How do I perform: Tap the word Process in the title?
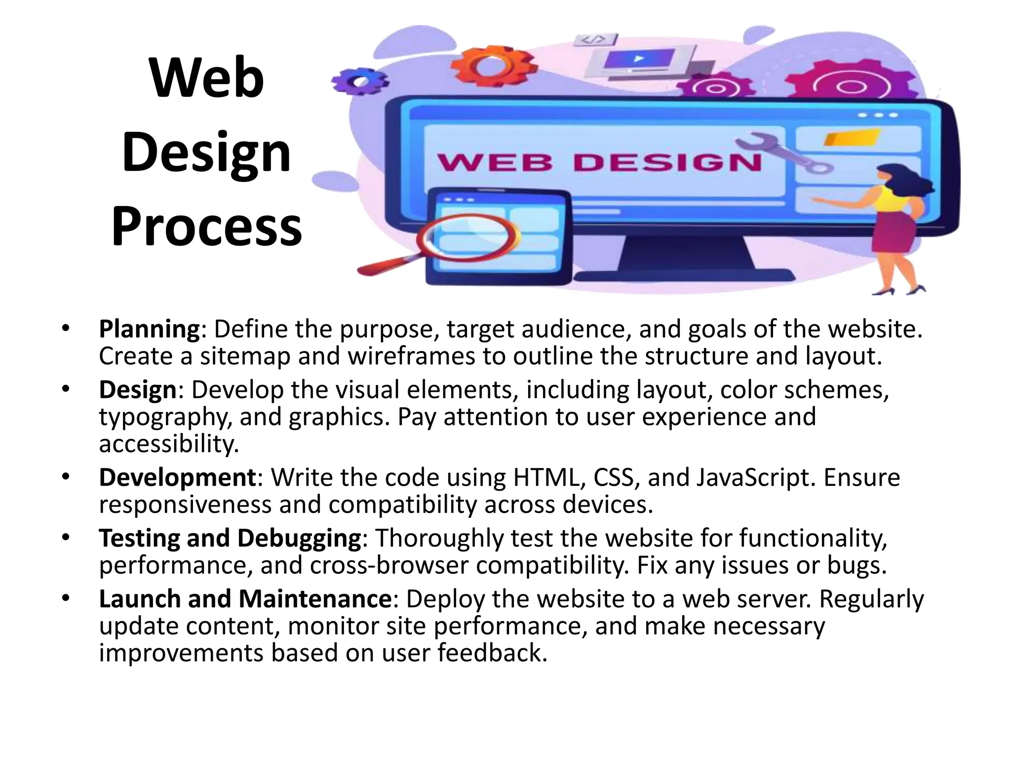[206, 227]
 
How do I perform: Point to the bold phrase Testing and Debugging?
[230, 538]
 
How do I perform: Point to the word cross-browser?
[389, 565]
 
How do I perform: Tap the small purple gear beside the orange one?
[359, 82]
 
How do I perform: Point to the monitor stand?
[686, 254]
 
